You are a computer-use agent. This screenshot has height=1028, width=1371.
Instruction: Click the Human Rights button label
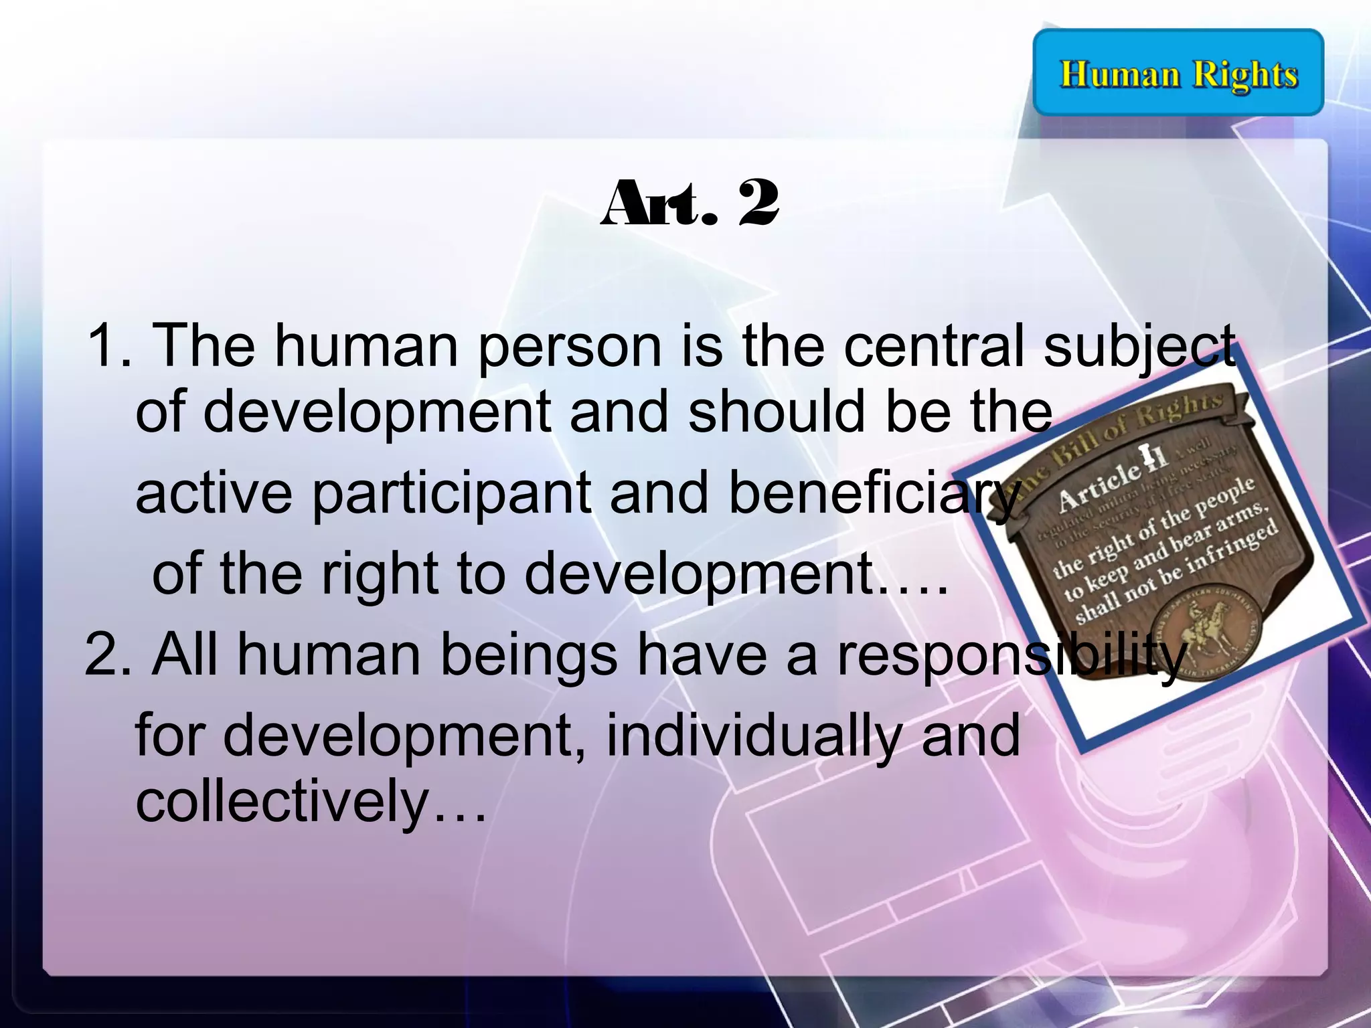point(1178,74)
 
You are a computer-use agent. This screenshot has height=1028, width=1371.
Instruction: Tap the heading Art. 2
point(690,203)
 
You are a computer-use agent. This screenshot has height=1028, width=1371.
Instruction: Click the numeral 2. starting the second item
point(107,655)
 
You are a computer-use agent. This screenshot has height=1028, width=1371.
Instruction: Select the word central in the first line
point(933,346)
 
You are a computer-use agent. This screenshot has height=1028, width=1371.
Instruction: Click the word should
point(777,412)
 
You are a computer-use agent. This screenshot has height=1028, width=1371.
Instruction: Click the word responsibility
point(1011,655)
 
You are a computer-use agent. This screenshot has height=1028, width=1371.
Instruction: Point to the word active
point(214,493)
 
